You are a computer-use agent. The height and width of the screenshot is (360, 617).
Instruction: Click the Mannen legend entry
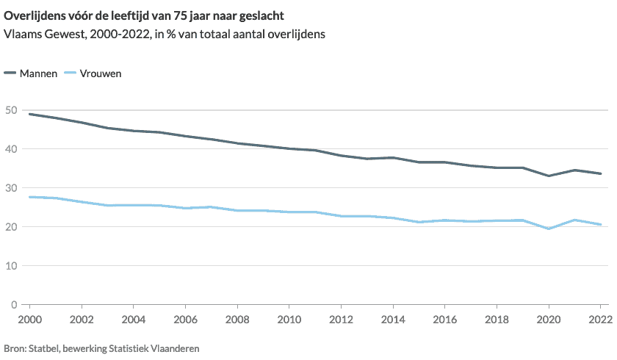[x=38, y=73]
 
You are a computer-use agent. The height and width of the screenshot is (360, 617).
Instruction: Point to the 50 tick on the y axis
[x=12, y=110]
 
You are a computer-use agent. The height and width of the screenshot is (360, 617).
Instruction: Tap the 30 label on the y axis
[x=12, y=188]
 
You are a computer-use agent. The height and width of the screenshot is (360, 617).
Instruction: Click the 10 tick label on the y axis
[x=12, y=266]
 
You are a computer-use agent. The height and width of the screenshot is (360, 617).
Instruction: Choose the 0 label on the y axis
[x=15, y=305]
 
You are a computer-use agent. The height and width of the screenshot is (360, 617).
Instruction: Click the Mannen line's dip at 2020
[x=549, y=176]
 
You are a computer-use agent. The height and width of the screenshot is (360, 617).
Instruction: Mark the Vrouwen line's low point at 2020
[x=549, y=228]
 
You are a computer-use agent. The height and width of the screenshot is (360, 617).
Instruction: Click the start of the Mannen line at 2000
[x=29, y=114]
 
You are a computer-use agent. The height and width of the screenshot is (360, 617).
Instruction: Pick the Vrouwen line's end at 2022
[x=600, y=224]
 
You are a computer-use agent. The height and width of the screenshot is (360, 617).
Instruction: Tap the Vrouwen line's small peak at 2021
[x=574, y=220]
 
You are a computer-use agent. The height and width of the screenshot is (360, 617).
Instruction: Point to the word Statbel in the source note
[x=43, y=348]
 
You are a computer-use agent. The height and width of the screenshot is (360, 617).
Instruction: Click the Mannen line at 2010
[x=289, y=148]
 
